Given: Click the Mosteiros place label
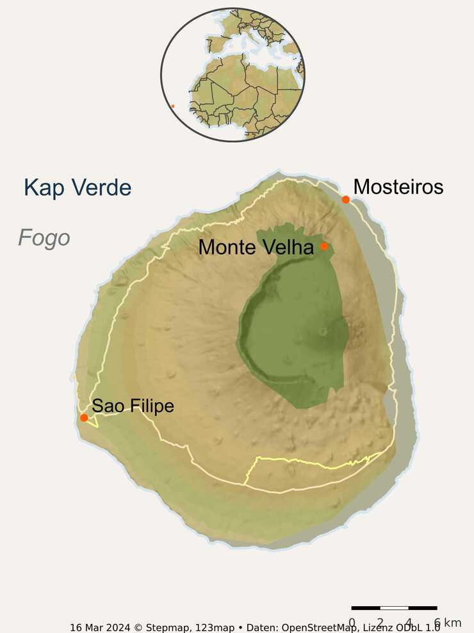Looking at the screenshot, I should [398, 187].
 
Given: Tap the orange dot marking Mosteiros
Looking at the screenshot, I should [346, 199].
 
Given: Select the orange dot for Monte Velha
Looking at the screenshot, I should [324, 246].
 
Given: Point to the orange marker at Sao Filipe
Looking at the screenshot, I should [84, 418].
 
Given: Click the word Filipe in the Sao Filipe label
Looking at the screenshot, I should [151, 406].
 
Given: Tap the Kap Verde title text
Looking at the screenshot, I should [78, 188].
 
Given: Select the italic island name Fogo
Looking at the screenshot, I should [44, 238].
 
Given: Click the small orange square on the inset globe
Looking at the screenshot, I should [173, 106].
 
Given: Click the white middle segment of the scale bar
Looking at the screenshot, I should [394, 607].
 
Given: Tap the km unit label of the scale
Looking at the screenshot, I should [452, 623].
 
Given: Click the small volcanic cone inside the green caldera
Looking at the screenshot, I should [322, 331].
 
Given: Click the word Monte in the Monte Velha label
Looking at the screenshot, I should [227, 247].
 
